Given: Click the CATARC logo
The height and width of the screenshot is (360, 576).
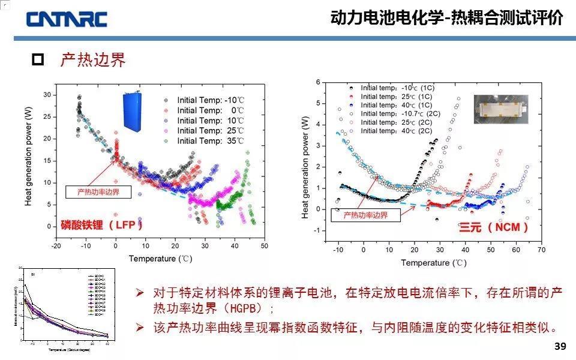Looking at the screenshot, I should point(67,19).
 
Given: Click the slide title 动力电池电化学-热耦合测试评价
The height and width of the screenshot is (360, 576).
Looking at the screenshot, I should point(447,18).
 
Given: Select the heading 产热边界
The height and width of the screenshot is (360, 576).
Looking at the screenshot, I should point(93,60).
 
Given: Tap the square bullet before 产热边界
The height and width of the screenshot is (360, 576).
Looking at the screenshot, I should point(38,60).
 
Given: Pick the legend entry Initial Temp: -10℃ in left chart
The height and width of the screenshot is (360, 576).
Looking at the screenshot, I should point(211,100).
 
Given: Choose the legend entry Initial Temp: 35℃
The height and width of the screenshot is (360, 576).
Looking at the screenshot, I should point(211,141).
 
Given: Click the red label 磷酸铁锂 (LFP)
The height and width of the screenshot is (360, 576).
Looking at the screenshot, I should point(103,225).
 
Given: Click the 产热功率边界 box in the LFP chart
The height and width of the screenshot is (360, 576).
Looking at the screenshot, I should point(98,192).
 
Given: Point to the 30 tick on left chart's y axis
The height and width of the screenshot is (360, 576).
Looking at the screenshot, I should point(46,95).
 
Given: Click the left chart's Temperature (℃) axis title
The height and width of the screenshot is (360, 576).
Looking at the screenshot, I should point(160,259).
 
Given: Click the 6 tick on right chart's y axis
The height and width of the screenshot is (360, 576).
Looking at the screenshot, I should point(319,82).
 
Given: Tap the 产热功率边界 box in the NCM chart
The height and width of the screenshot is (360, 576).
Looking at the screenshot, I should point(365,215).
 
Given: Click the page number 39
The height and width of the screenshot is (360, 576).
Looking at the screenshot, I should point(560,347).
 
